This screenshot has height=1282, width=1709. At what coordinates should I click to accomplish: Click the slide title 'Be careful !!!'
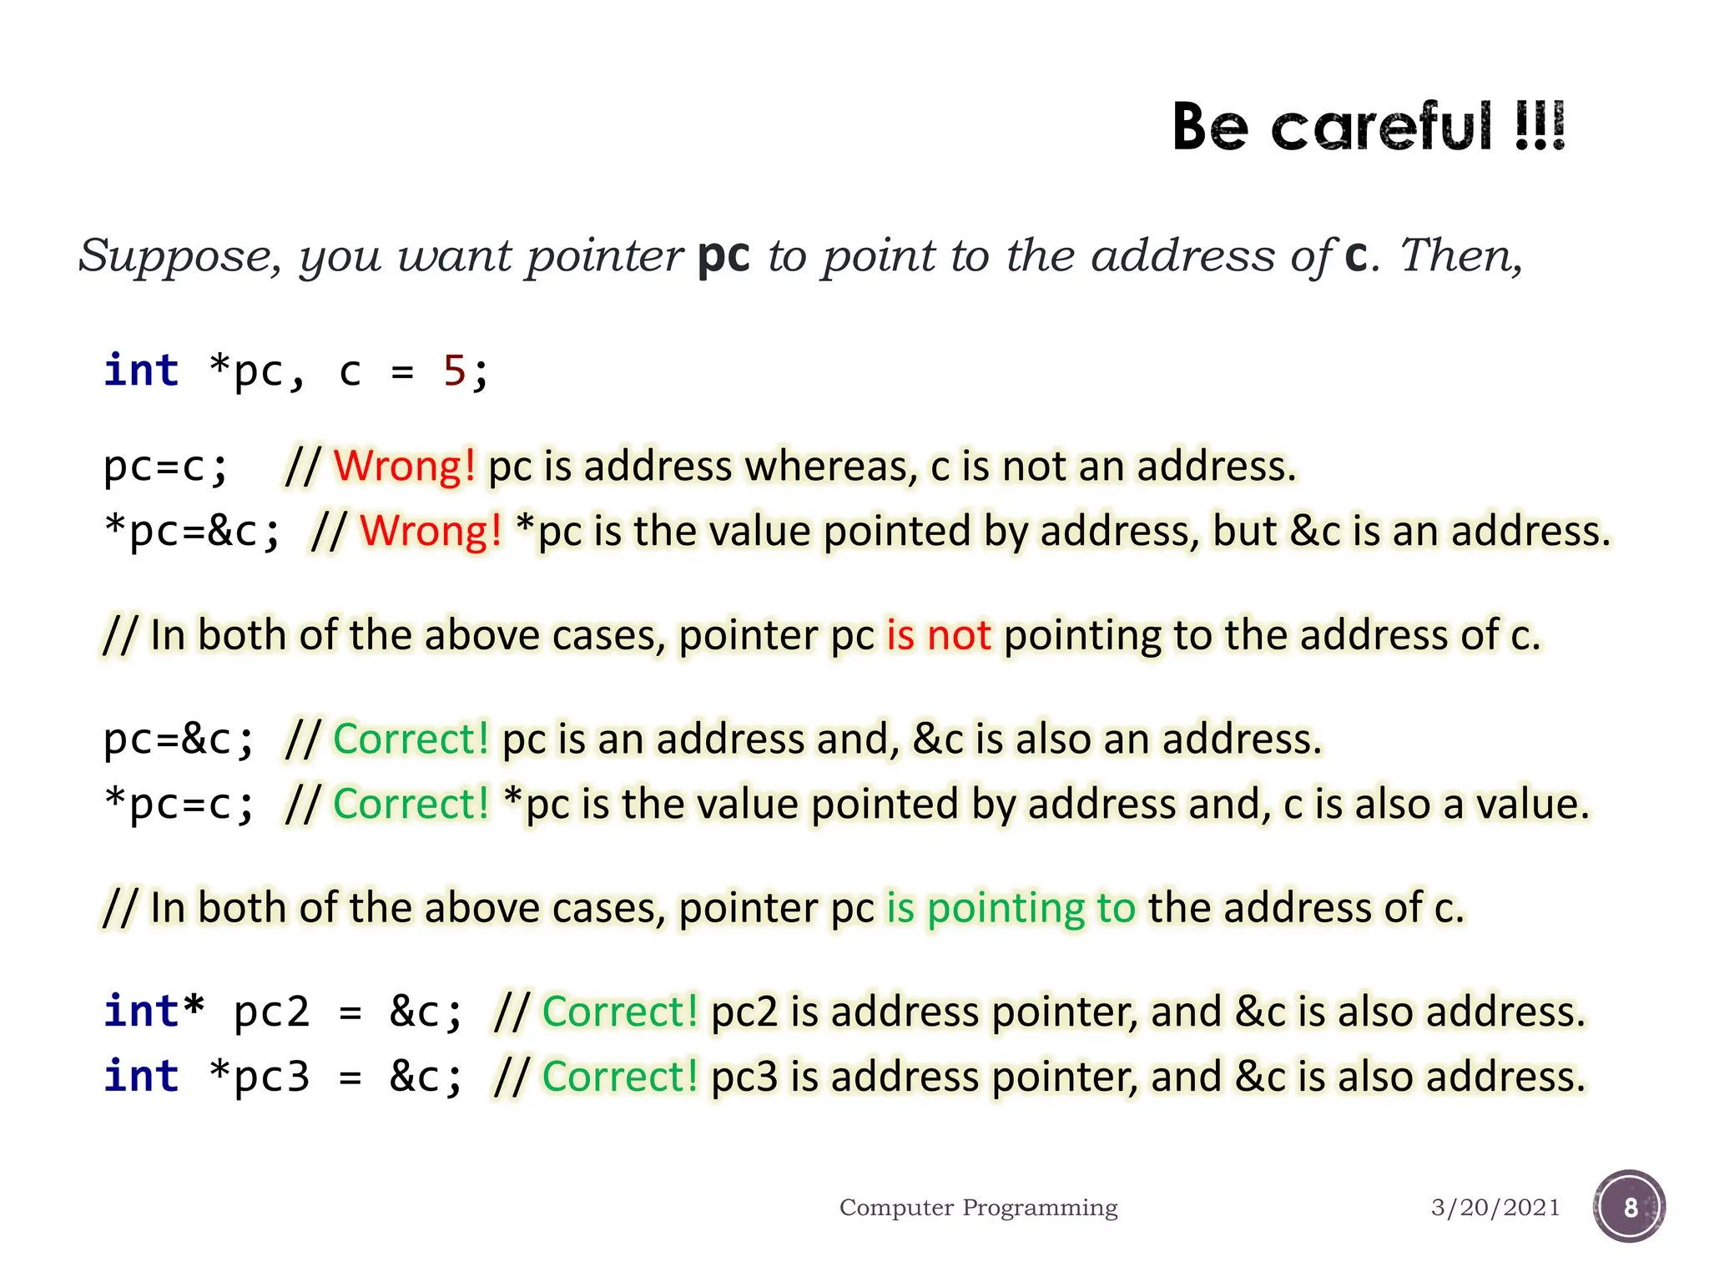pyautogui.click(x=1369, y=127)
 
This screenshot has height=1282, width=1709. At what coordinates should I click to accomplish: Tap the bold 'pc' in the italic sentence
pyautogui.click(x=723, y=255)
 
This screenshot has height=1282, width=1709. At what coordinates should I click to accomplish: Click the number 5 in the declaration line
pyautogui.click(x=454, y=371)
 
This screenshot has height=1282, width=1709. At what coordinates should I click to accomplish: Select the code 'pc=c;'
pyautogui.click(x=165, y=466)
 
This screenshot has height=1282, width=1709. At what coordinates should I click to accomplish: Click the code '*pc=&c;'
pyautogui.click(x=193, y=531)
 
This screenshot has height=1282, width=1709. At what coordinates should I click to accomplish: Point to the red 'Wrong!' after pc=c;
pyautogui.click(x=405, y=466)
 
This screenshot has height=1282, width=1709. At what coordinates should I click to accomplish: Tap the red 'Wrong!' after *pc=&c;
pyautogui.click(x=431, y=531)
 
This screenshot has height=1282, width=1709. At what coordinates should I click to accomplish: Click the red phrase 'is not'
pyautogui.click(x=938, y=635)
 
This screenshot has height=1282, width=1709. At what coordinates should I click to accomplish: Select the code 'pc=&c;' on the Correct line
pyautogui.click(x=179, y=739)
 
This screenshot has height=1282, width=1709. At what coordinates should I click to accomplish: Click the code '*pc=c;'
pyautogui.click(x=179, y=804)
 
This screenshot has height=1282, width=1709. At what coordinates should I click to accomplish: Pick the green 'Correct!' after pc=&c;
pyautogui.click(x=411, y=739)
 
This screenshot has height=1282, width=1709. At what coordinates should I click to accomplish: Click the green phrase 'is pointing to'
pyautogui.click(x=1011, y=907)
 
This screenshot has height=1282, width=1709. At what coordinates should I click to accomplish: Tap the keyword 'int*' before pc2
pyautogui.click(x=154, y=1012)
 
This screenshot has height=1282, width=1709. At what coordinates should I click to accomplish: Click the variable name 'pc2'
pyautogui.click(x=271, y=1012)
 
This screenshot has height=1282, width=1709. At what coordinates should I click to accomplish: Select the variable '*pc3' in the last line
pyautogui.click(x=260, y=1077)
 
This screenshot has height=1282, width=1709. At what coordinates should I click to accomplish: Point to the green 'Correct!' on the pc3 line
pyautogui.click(x=620, y=1077)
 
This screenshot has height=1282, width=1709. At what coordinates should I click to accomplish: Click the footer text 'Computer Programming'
pyautogui.click(x=978, y=1208)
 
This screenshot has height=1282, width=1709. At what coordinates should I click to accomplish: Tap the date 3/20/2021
pyautogui.click(x=1495, y=1208)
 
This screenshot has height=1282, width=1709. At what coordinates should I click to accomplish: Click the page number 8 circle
pyautogui.click(x=1629, y=1207)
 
